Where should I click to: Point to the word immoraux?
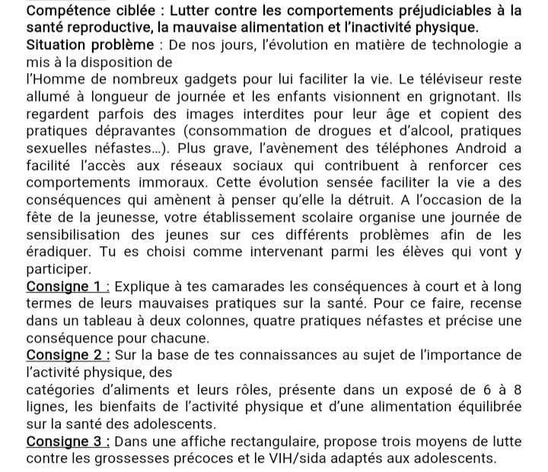pyautogui.click(x=168, y=183)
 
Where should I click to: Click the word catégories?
pyautogui.click(x=61, y=389)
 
